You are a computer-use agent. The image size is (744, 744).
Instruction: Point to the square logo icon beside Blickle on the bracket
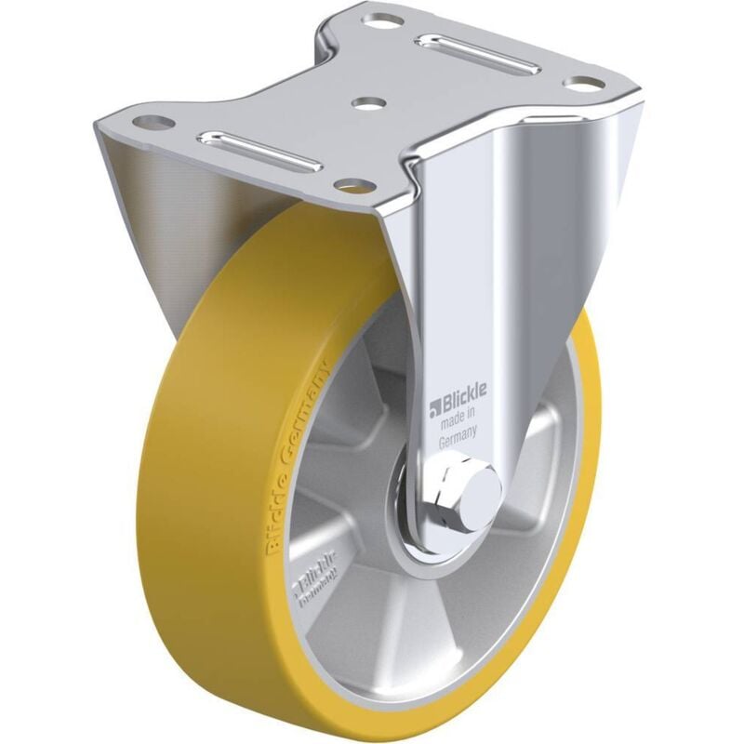pos(433,406)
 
